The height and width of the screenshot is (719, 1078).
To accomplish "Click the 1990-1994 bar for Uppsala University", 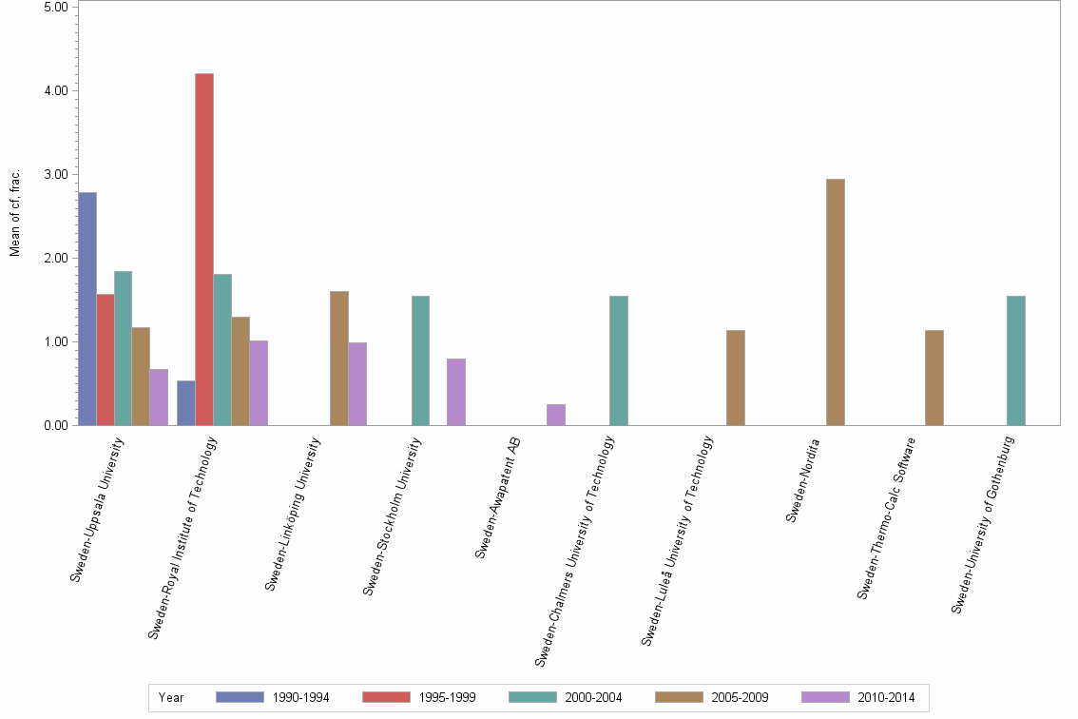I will (x=87, y=309).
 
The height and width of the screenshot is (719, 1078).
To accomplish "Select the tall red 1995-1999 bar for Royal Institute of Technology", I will (x=204, y=249).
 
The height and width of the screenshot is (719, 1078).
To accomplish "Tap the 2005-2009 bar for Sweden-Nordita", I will (x=836, y=302).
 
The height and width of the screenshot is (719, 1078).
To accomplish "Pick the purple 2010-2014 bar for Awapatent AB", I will (x=556, y=415).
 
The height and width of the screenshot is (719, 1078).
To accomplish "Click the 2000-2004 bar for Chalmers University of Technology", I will (x=619, y=360).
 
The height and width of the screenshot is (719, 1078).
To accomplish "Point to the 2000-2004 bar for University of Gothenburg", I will (x=1015, y=360).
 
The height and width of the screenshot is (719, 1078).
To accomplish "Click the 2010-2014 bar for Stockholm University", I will (x=456, y=392).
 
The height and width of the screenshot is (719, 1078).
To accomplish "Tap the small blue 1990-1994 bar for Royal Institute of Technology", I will (x=186, y=403).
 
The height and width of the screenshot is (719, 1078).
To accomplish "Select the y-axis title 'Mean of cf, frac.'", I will (x=14, y=214).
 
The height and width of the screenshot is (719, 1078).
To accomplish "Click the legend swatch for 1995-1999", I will (x=387, y=697).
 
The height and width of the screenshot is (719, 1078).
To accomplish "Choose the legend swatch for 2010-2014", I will (x=826, y=697).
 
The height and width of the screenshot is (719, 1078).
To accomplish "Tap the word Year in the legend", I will (x=172, y=697).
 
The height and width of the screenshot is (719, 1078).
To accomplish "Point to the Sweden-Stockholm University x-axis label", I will (x=394, y=516).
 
